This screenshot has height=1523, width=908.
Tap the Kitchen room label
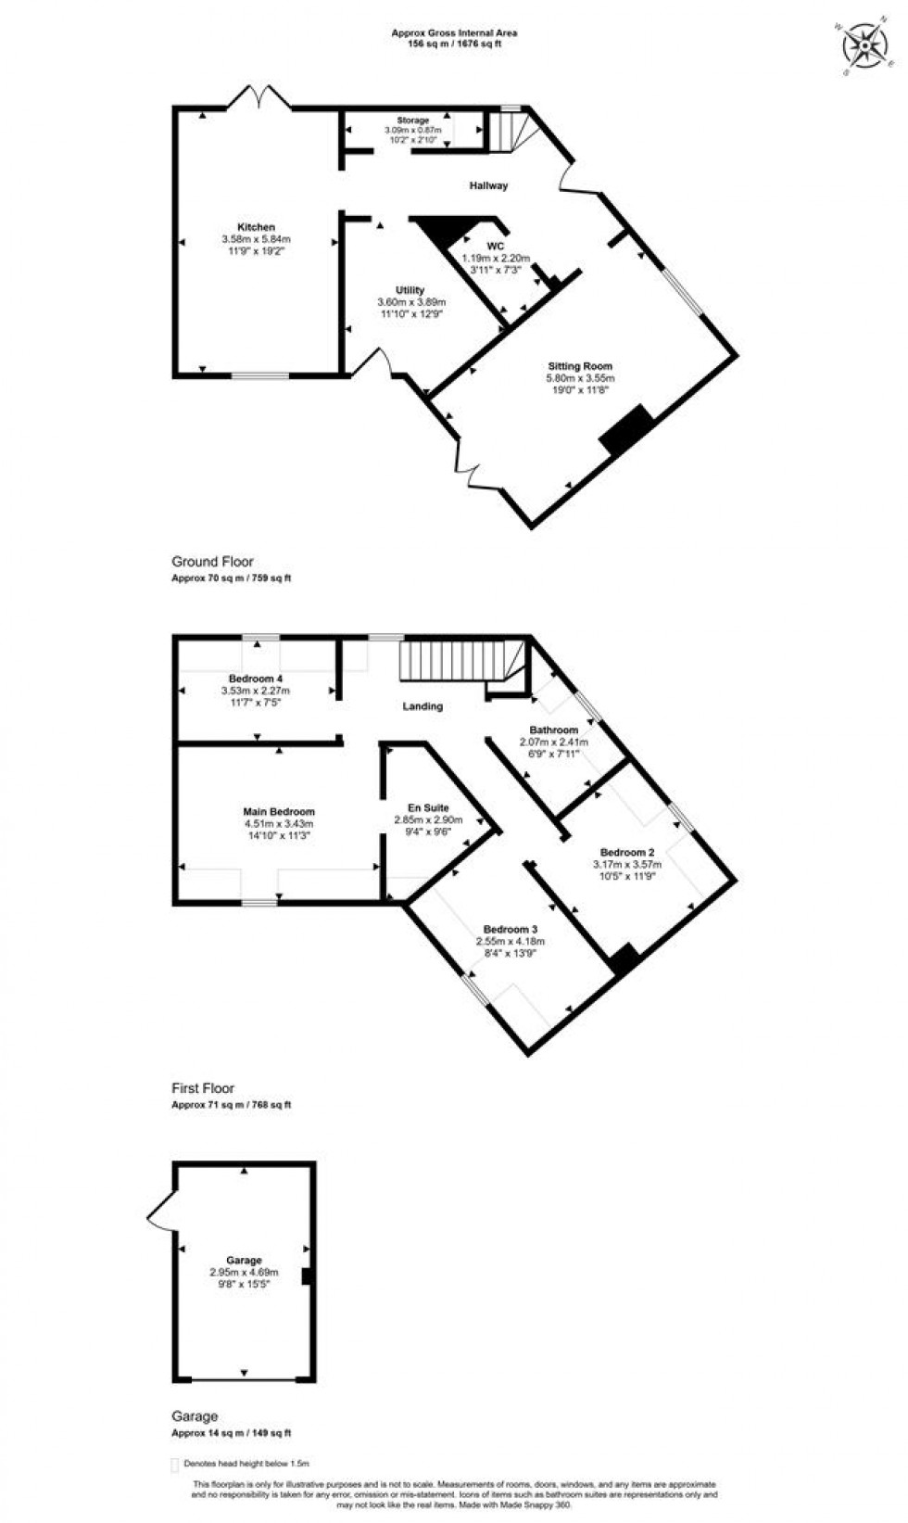tap(256, 227)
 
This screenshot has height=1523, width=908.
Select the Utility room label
tap(410, 290)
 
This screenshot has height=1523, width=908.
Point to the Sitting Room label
tap(580, 366)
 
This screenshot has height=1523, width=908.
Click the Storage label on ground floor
tap(413, 121)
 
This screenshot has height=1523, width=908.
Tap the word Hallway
tap(488, 185)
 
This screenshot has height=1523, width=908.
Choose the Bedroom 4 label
tap(256, 679)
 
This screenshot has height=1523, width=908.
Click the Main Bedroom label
tap(279, 812)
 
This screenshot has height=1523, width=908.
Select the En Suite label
tap(428, 808)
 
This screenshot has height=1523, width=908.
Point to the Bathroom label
tap(554, 730)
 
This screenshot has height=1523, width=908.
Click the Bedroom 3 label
tap(510, 930)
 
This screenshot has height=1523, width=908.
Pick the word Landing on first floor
tap(422, 706)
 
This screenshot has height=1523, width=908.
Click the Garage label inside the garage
tap(245, 1261)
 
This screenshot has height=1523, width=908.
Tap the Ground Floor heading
tap(212, 562)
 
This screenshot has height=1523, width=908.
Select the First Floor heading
tap(203, 1088)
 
